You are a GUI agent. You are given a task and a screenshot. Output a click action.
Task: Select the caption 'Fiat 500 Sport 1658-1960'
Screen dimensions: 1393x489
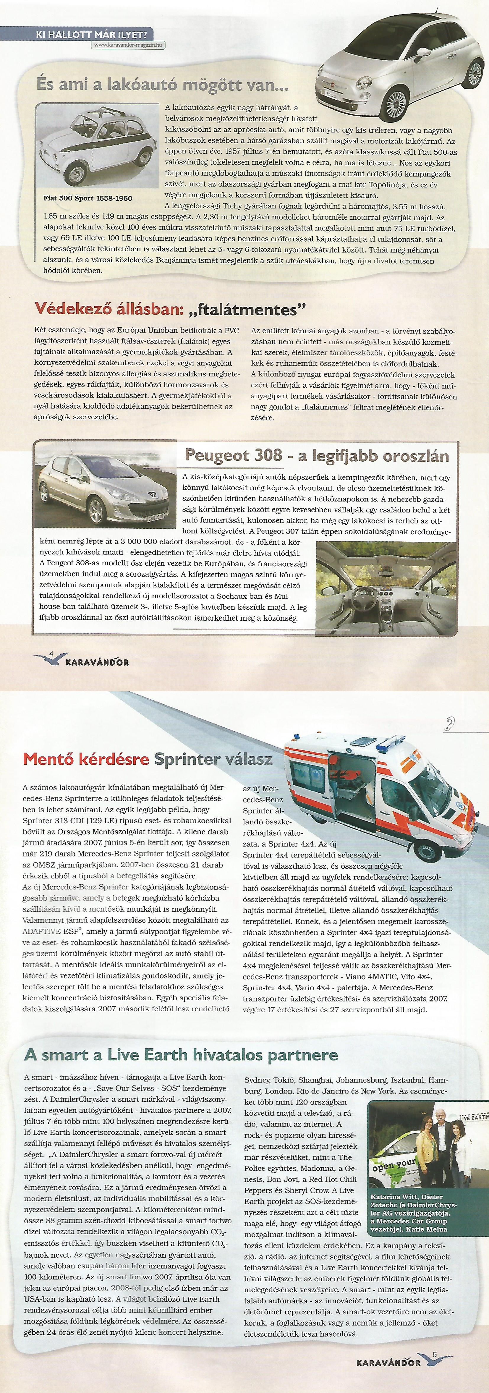(x=88, y=198)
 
